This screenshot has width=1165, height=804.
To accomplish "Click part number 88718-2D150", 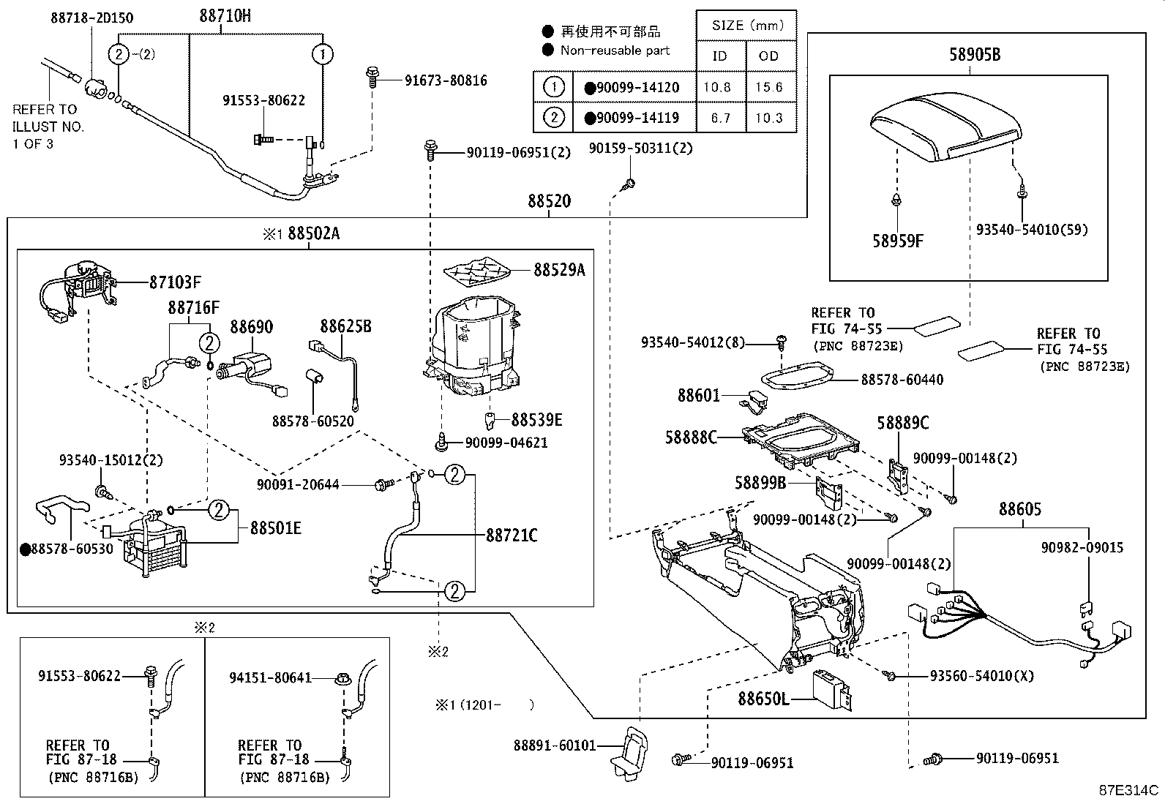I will pyautogui.click(x=91, y=18).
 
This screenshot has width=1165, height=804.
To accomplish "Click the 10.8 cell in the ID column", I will pyautogui.click(x=716, y=87).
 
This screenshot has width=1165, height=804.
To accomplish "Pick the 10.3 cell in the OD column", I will pyautogui.click(x=769, y=118).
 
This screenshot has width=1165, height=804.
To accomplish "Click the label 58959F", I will pyautogui.click(x=897, y=240).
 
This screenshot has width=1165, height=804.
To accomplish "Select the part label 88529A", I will pyautogui.click(x=559, y=270).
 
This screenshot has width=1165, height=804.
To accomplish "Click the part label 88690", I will pyautogui.click(x=252, y=326).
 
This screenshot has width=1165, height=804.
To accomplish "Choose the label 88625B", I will pyautogui.click(x=345, y=326).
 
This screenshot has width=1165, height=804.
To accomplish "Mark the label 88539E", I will pyautogui.click(x=536, y=420).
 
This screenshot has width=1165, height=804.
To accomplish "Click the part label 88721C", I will pyautogui.click(x=512, y=536).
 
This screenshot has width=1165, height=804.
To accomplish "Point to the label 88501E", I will pyautogui.click(x=275, y=527).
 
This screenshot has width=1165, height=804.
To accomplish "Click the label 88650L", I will pyautogui.click(x=763, y=699).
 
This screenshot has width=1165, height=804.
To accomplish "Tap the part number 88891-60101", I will pyautogui.click(x=554, y=745).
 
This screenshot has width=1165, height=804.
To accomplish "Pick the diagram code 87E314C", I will pyautogui.click(x=1128, y=790).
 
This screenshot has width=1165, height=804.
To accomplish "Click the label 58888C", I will pyautogui.click(x=691, y=437).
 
